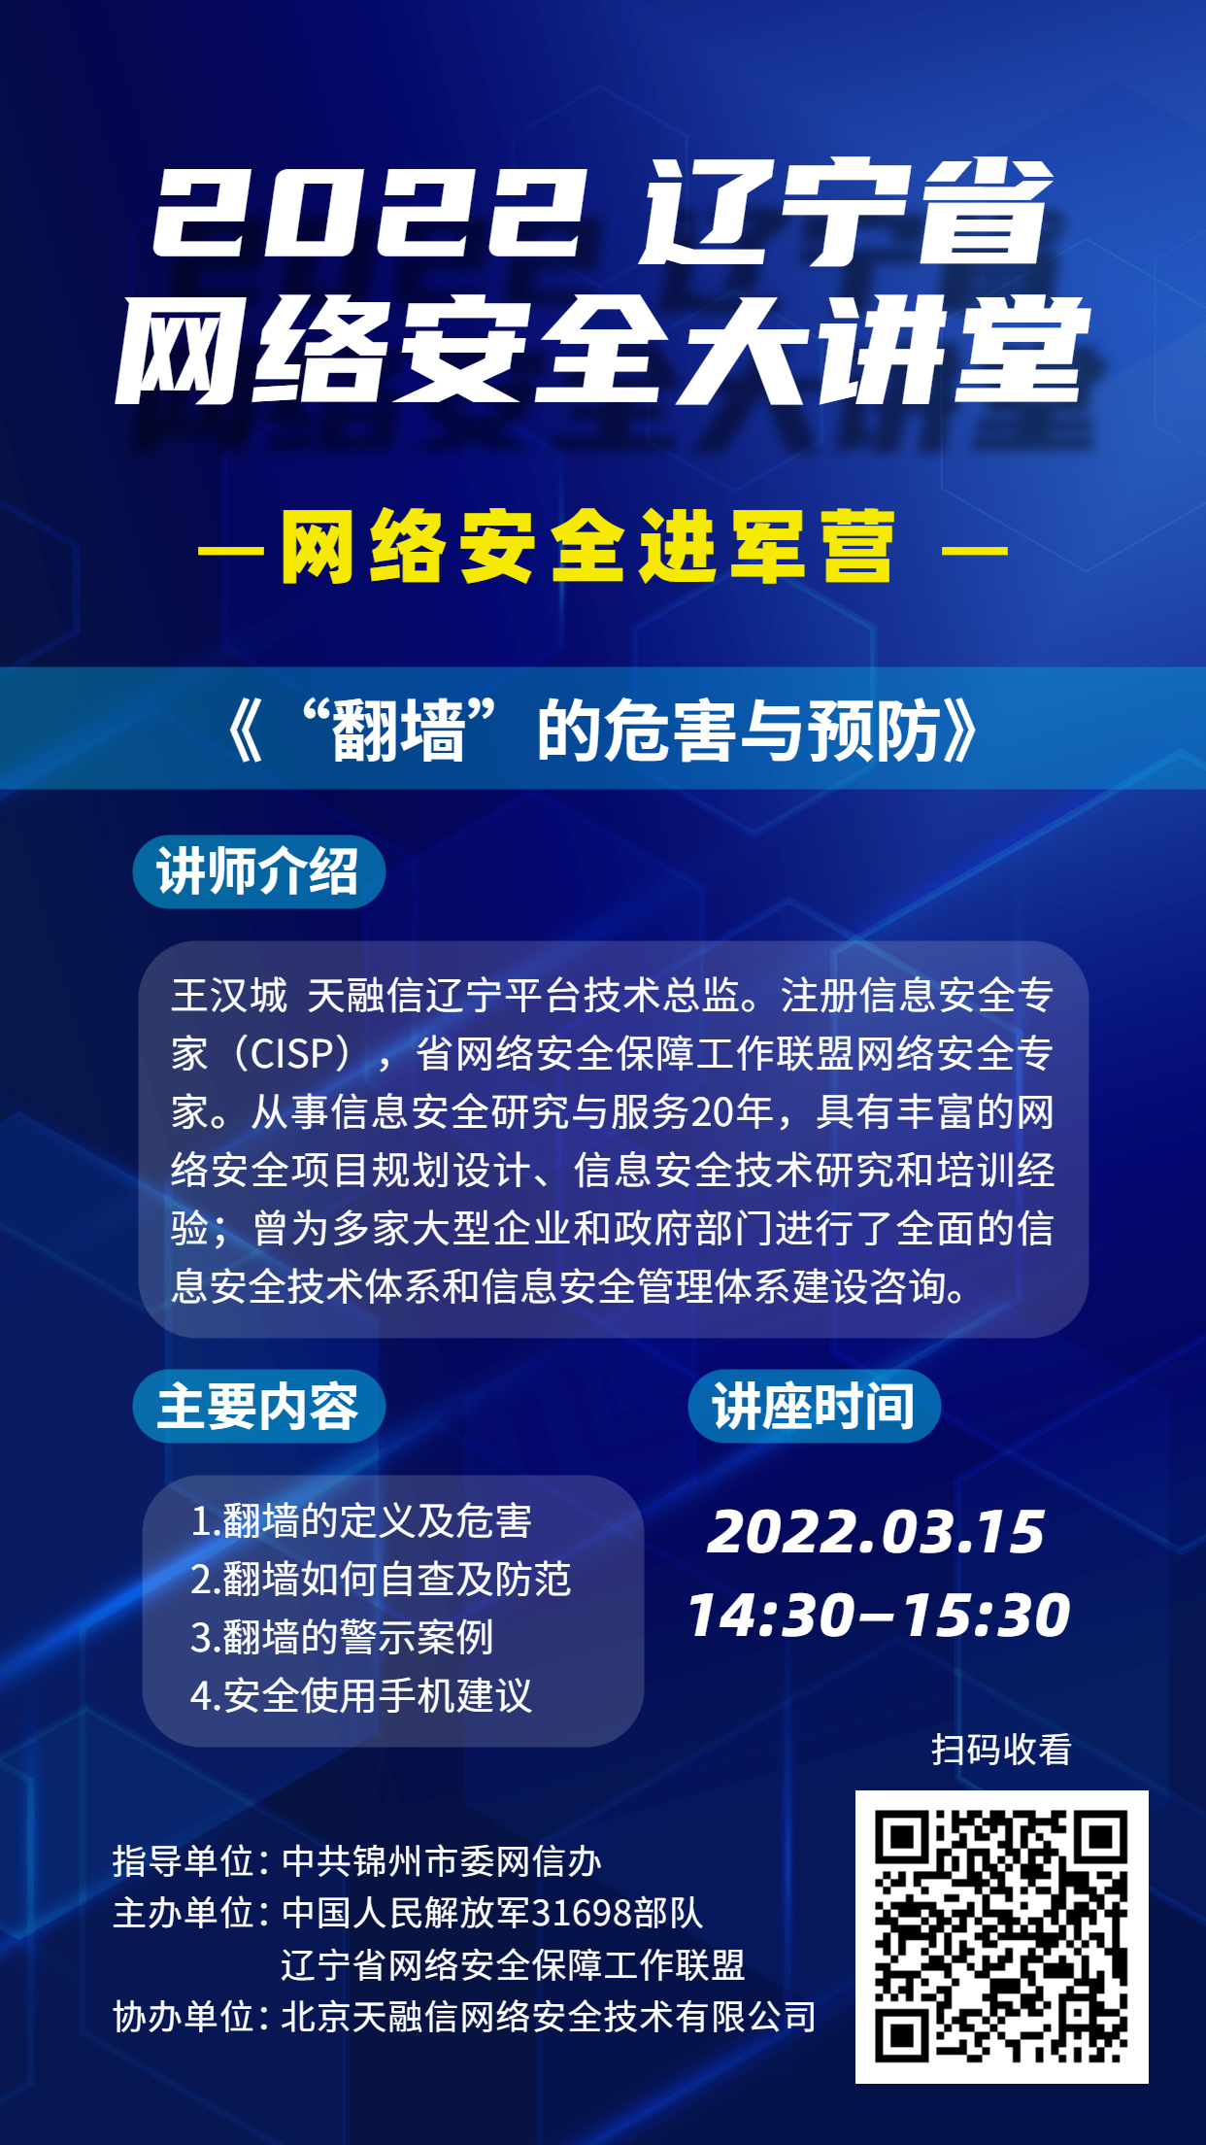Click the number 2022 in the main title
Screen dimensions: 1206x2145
click(370, 212)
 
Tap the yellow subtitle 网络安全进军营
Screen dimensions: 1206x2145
click(588, 548)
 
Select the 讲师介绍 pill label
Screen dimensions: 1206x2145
click(258, 871)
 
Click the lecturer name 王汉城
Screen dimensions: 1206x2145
click(229, 996)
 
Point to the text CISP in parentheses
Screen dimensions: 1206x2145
click(292, 1054)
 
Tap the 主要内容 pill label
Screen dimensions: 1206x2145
click(258, 1406)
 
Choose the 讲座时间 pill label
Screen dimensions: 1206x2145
click(814, 1406)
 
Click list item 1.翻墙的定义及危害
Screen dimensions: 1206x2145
click(361, 1521)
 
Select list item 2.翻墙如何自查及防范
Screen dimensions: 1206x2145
click(381, 1580)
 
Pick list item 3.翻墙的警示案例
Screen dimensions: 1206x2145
click(342, 1638)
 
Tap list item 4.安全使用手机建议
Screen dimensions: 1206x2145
click(361, 1696)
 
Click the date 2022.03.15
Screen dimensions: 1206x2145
click(876, 1532)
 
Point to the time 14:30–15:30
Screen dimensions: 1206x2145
click(879, 1616)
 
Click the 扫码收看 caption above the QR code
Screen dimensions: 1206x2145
click(1001, 1750)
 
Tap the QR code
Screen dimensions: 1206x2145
click(1001, 1937)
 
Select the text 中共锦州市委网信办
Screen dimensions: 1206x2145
click(442, 1861)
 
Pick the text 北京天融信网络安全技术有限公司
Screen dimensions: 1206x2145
click(549, 2017)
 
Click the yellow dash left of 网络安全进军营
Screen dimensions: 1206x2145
click(231, 550)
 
